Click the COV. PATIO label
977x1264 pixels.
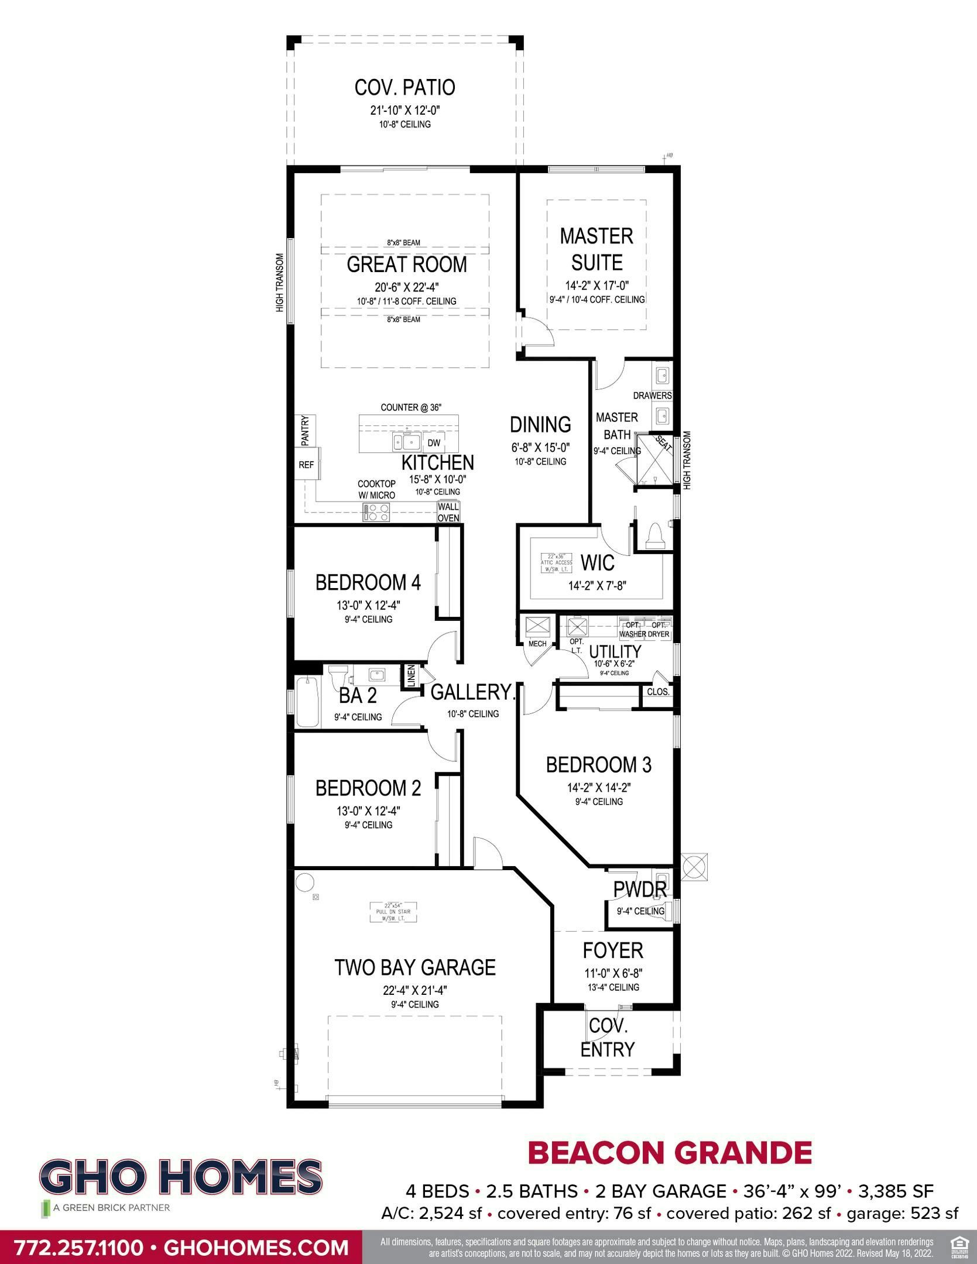[x=404, y=88]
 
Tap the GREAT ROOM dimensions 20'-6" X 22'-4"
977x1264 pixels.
[x=407, y=287]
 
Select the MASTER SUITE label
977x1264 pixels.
[x=597, y=249]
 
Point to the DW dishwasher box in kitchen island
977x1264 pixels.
[x=434, y=443]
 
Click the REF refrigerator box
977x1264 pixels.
[x=306, y=465]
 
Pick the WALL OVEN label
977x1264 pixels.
[x=449, y=512]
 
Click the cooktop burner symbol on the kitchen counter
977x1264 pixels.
[x=376, y=513]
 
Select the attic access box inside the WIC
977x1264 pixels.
[x=556, y=562]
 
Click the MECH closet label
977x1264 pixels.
[x=537, y=644]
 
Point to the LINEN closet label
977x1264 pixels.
[x=411, y=675]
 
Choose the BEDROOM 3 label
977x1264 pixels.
[x=598, y=765]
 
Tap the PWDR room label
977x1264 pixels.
[x=639, y=889]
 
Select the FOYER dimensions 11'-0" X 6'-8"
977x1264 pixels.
[x=613, y=973]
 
